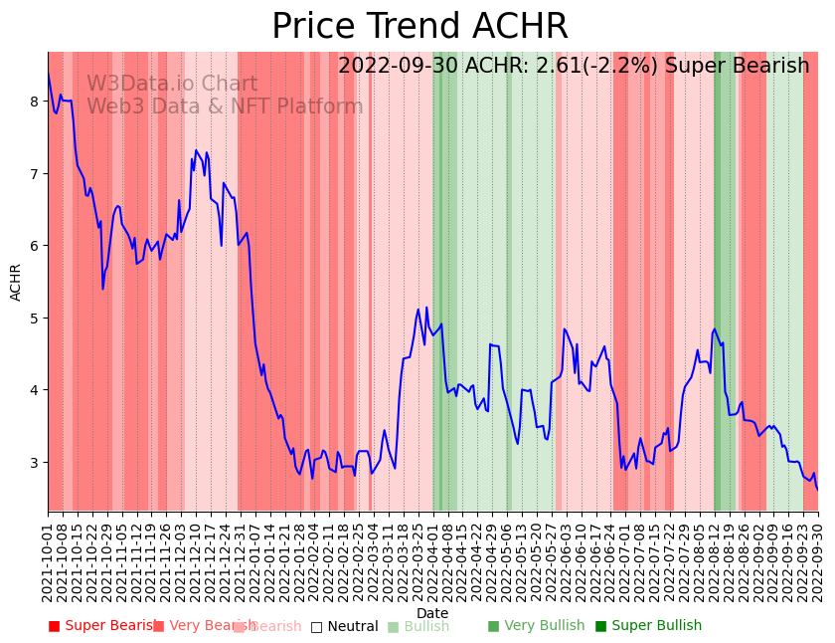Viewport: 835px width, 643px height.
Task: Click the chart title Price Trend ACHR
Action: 419,27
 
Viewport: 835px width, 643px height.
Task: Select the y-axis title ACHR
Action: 16,282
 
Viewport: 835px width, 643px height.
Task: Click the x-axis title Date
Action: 432,613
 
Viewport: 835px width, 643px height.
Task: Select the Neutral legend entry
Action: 344,627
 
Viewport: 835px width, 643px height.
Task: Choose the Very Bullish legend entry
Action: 536,626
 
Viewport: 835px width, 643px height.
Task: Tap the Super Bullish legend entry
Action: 648,626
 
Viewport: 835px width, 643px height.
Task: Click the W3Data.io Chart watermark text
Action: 172,85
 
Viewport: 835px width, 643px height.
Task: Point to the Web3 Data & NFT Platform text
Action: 225,107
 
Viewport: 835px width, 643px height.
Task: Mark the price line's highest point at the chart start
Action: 48,72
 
